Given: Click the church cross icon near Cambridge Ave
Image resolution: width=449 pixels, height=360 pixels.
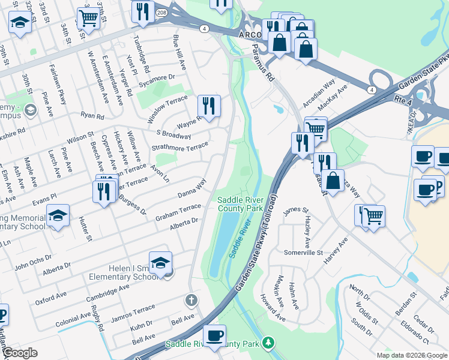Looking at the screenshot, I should (x=191, y=299).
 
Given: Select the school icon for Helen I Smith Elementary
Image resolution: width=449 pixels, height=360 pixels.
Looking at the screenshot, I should (x=161, y=263).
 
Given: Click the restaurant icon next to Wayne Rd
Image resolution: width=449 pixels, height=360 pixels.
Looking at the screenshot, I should (x=209, y=107).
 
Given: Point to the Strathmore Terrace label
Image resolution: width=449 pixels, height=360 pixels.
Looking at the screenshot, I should (x=179, y=147).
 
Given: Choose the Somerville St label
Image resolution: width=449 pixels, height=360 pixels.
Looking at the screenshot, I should (x=303, y=253).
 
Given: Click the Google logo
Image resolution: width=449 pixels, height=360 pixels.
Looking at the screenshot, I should (x=20, y=353).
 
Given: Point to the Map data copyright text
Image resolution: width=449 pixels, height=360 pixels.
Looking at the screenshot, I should (x=411, y=355).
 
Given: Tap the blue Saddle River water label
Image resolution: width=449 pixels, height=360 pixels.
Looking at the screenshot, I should (x=239, y=241).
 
